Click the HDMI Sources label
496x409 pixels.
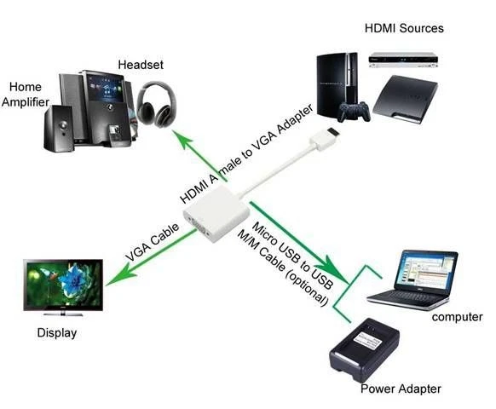pos(404,28)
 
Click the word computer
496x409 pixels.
pos(458,317)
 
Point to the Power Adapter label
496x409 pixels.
pos(401,389)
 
